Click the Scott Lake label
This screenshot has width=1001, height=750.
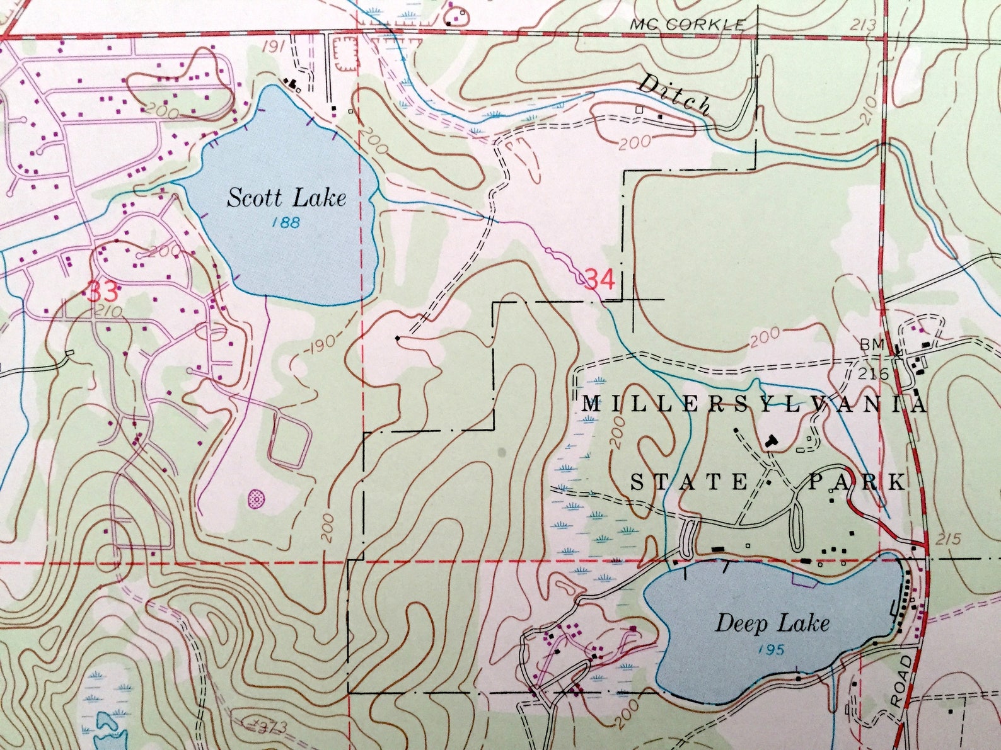point(287,198)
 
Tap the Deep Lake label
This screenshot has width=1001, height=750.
point(772,623)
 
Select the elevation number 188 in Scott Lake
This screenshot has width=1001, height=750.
point(287,222)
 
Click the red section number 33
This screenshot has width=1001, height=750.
point(102,292)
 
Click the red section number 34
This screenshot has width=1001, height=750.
point(599,279)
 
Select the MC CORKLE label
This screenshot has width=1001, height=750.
point(687,25)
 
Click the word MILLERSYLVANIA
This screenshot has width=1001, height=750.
point(753,404)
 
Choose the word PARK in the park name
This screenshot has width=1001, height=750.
point(858,482)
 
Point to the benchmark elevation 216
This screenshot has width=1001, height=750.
point(873,374)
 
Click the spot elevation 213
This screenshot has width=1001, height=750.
point(863,25)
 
